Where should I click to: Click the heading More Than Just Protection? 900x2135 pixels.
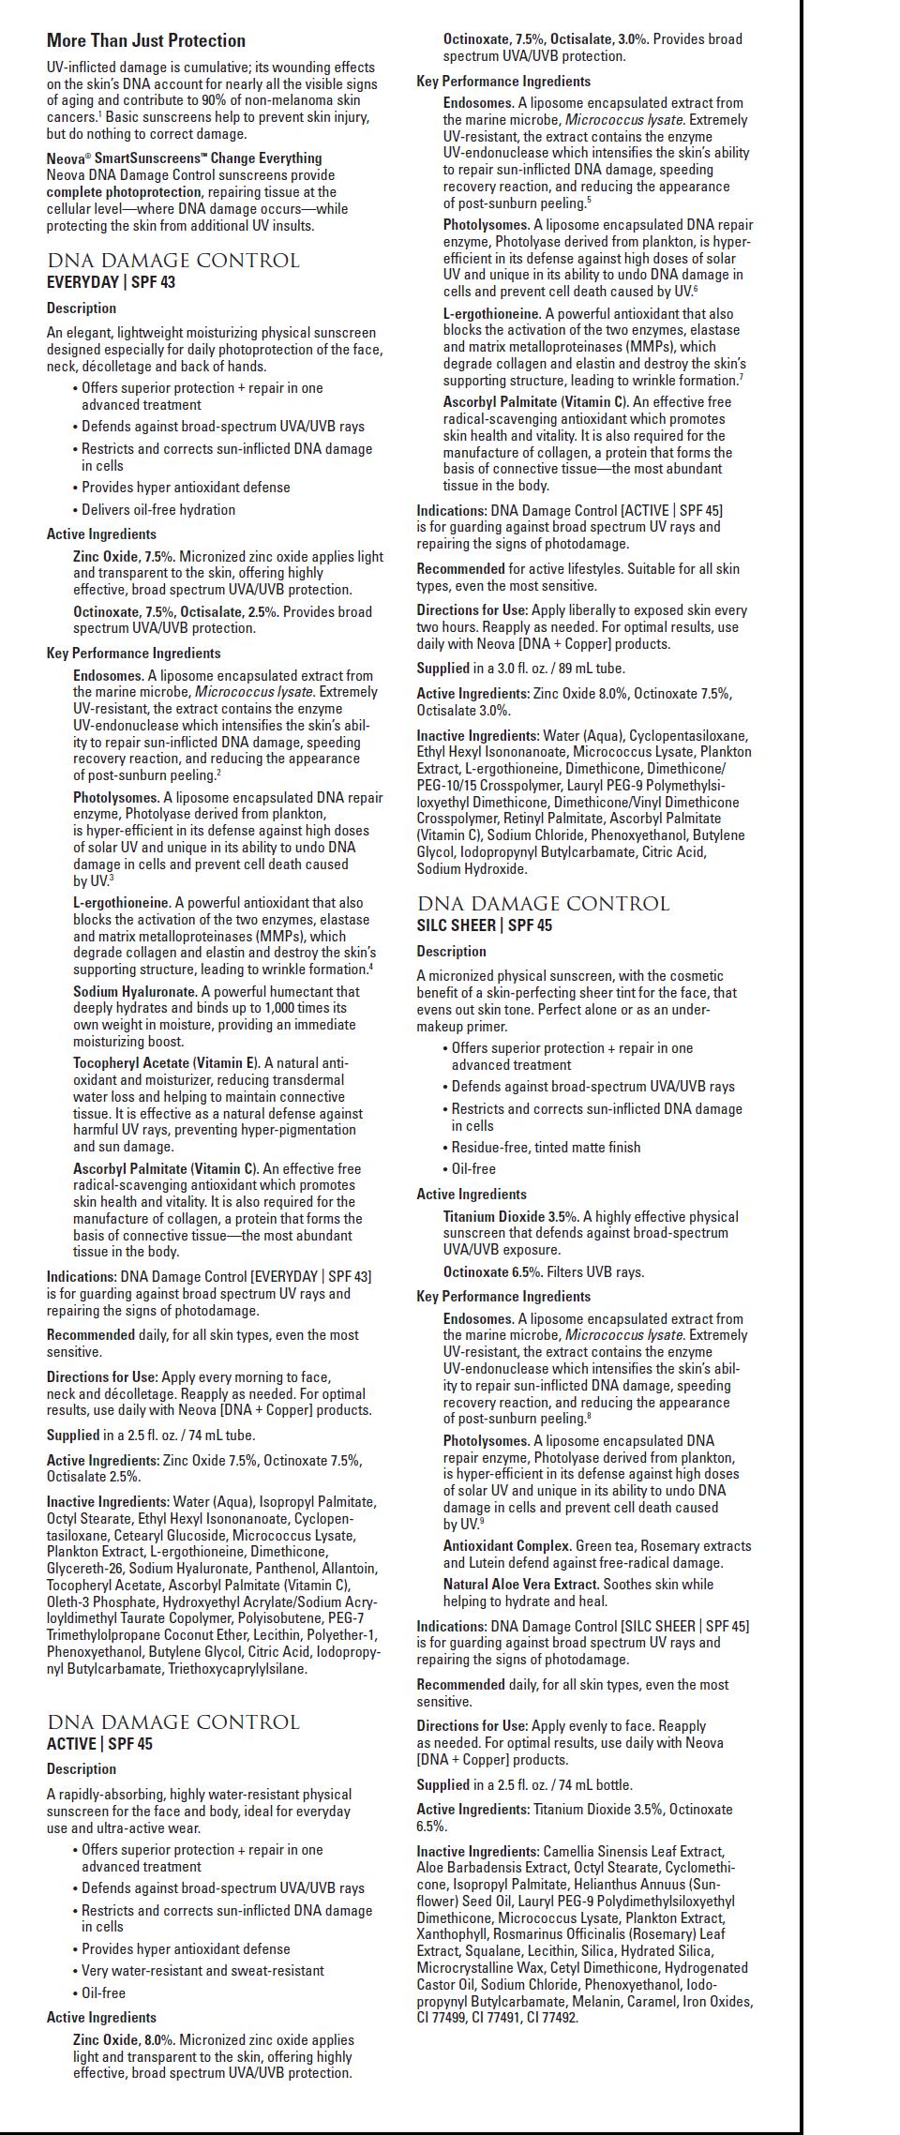(146, 40)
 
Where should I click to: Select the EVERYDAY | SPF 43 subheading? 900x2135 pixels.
(111, 282)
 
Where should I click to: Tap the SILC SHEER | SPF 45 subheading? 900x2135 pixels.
(484, 925)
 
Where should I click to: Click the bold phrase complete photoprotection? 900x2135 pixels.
(124, 192)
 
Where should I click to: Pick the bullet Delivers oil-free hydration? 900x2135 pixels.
(158, 510)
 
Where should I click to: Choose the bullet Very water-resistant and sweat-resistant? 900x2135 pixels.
(202, 1971)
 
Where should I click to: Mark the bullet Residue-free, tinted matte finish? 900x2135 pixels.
(546, 1147)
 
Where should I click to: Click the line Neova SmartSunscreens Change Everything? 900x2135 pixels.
(184, 158)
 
